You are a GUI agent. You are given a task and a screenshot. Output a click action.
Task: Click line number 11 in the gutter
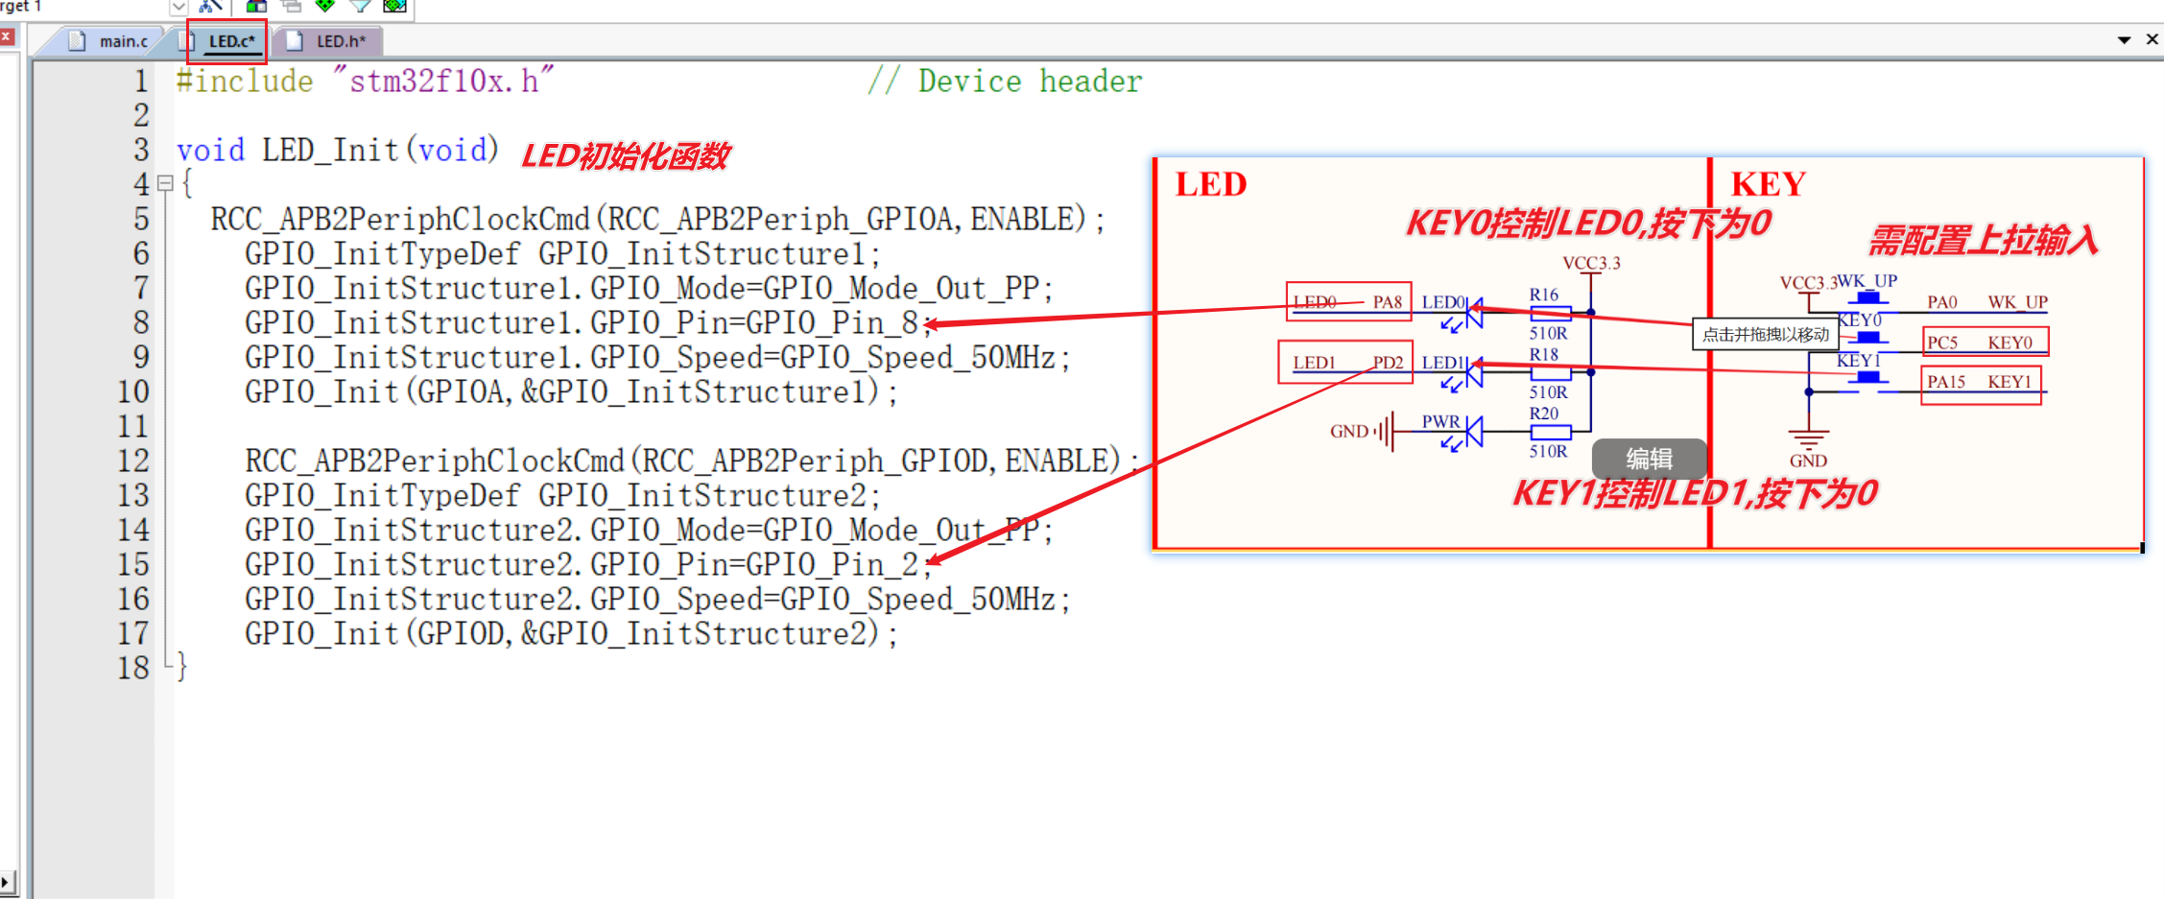click(133, 426)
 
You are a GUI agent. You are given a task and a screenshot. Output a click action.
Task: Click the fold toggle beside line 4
click(165, 183)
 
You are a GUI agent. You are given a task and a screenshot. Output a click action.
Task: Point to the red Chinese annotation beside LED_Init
click(626, 155)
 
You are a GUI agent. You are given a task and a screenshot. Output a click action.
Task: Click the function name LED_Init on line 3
click(329, 151)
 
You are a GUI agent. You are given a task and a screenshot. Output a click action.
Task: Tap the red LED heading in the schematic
click(1211, 184)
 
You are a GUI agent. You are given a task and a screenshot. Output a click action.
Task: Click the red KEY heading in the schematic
click(1768, 184)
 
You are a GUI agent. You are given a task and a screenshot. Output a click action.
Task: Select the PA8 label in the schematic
click(1387, 302)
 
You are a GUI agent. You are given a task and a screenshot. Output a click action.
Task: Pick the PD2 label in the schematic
click(1388, 363)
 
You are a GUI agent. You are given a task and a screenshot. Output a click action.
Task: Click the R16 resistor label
click(1543, 295)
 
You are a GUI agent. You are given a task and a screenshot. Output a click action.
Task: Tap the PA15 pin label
click(1946, 382)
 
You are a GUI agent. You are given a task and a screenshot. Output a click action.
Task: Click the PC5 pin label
click(1942, 343)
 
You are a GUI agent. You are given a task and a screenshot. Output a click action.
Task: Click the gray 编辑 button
click(1649, 459)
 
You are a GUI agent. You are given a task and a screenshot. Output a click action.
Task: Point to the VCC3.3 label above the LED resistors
click(1591, 263)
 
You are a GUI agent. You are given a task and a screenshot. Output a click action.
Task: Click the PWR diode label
click(1440, 421)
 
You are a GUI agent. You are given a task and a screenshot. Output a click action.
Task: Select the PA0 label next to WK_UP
click(1942, 302)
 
